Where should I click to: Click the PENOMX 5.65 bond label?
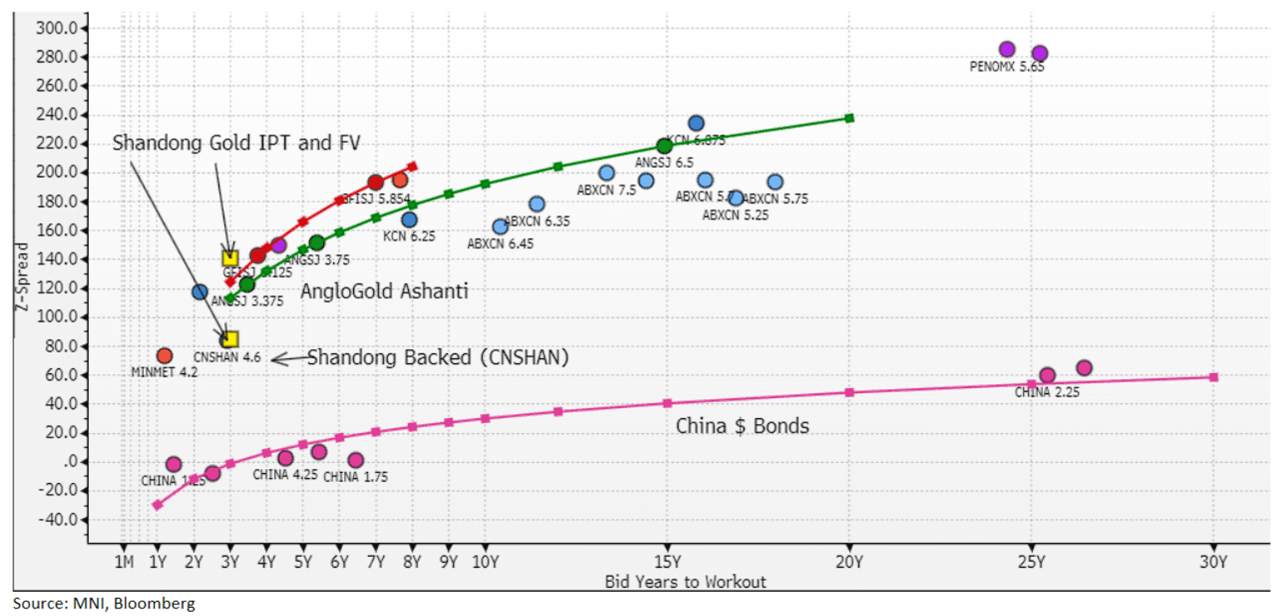1006,67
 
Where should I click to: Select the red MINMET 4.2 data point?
165,356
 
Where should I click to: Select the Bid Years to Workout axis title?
686,581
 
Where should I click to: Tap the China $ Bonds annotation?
742,426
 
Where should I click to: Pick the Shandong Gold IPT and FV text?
237,143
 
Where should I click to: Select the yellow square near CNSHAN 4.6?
231,339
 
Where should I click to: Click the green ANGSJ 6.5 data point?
664,146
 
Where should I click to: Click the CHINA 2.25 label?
1047,392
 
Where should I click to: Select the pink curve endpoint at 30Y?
1213,377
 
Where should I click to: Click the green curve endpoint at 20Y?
849,118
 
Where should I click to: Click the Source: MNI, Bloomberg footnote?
103,604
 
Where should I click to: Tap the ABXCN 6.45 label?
500,244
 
